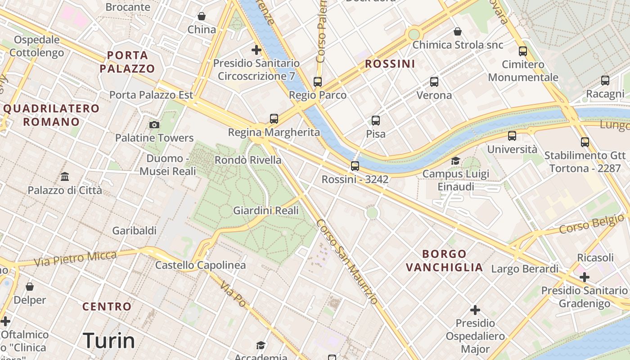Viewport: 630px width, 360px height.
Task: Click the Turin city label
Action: (109, 341)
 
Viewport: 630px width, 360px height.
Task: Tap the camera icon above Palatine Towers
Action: (154, 125)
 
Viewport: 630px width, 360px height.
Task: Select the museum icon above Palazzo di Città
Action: (65, 177)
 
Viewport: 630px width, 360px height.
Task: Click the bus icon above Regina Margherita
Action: (274, 119)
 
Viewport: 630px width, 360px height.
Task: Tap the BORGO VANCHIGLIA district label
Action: (444, 261)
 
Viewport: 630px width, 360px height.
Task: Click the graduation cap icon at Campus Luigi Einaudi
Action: (456, 161)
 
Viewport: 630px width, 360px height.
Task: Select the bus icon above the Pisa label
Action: (376, 121)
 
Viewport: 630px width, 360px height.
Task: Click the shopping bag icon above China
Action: (202, 16)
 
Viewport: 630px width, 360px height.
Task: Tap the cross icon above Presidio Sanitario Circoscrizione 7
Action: (256, 49)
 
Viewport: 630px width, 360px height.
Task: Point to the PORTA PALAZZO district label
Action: (127, 62)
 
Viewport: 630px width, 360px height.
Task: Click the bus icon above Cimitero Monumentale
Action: (523, 51)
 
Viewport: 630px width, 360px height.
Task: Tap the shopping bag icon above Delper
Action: (30, 287)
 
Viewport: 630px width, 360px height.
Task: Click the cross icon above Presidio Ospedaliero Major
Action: (475, 310)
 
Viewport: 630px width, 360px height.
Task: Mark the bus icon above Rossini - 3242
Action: (355, 166)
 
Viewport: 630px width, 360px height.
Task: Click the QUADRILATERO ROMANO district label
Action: (51, 115)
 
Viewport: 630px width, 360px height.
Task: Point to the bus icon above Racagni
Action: (605, 81)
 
